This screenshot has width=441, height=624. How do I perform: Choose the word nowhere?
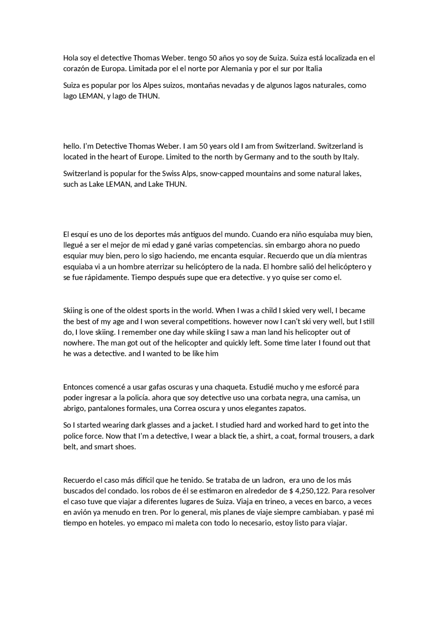[79, 343]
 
